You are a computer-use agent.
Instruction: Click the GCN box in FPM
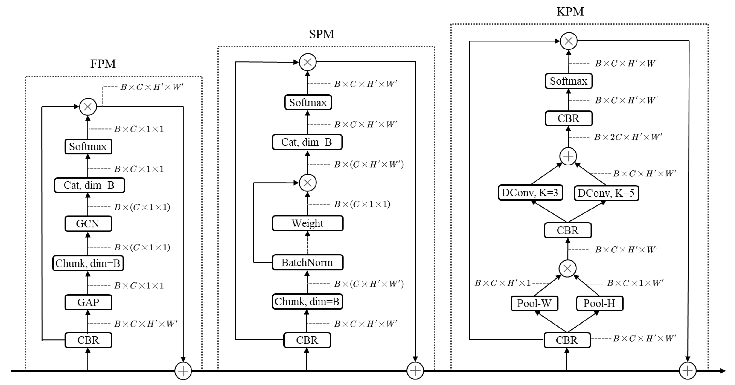tap(88, 224)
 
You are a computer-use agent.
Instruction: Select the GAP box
tap(88, 302)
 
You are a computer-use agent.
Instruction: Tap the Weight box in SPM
tap(307, 223)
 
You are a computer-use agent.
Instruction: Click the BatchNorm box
tap(307, 262)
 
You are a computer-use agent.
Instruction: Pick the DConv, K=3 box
tap(530, 193)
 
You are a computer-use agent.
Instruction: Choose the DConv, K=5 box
tap(606, 193)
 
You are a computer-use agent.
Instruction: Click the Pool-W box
tap(534, 303)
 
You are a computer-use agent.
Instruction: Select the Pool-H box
tap(599, 303)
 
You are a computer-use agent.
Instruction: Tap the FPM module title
tap(103, 64)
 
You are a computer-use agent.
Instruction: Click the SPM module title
tap(322, 34)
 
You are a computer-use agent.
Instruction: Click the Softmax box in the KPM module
tap(568, 81)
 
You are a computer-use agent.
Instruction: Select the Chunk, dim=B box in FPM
tap(88, 263)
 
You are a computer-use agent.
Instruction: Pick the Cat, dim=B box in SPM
tap(307, 142)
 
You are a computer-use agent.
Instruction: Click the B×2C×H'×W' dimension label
tap(628, 137)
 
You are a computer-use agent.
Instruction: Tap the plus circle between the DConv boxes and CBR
tap(568, 156)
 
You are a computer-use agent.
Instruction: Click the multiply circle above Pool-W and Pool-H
tap(567, 268)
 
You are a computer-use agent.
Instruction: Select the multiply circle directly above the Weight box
tap(308, 183)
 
